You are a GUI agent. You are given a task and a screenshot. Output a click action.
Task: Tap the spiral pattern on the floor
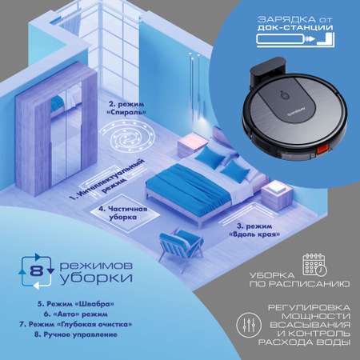point(128,136)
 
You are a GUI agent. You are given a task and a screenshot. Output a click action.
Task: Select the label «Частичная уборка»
point(123,213)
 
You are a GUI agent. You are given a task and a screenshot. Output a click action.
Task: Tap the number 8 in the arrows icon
point(36,271)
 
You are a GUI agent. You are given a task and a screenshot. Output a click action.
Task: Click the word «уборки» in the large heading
point(96,278)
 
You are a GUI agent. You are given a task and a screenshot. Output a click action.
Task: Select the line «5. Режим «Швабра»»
point(76,304)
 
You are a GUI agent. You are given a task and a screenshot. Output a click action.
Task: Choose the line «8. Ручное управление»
point(76,334)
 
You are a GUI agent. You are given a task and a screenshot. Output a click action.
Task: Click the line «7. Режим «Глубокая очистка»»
point(76,324)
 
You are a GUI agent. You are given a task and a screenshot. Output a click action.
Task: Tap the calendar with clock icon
point(315,265)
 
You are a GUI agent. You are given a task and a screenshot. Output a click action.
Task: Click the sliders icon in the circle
point(249,325)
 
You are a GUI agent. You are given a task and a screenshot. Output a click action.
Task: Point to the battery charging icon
point(295,40)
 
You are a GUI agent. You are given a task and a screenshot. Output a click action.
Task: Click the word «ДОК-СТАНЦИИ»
point(295,27)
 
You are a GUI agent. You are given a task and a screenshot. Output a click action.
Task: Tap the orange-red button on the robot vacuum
point(324,150)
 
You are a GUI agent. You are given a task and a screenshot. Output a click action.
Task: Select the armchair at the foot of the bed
point(181,245)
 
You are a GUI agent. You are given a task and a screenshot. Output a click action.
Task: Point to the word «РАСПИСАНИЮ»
point(299,284)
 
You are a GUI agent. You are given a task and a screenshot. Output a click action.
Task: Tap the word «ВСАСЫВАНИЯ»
point(310,325)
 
